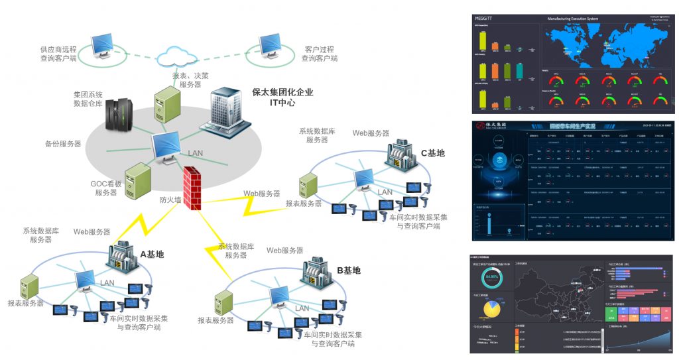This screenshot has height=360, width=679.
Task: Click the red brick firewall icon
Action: click(x=192, y=188)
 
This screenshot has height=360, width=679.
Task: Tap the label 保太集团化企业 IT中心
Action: click(x=282, y=97)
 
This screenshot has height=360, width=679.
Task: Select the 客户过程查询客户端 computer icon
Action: click(x=272, y=47)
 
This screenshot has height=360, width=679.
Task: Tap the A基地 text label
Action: click(x=151, y=255)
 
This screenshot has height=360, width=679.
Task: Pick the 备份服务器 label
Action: click(x=63, y=143)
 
